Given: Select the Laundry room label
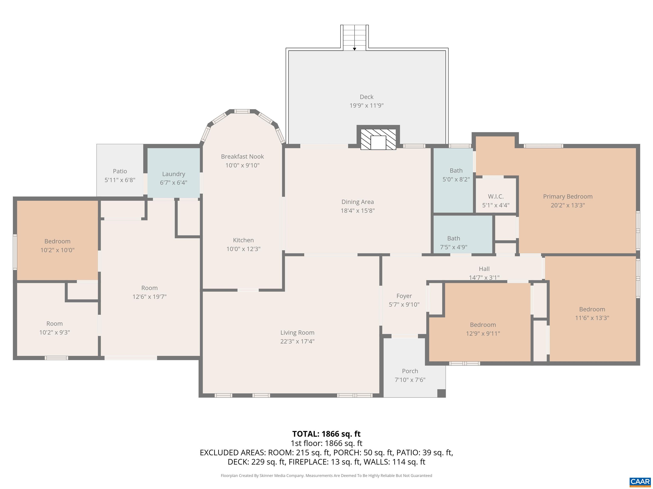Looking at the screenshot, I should pos(174,174).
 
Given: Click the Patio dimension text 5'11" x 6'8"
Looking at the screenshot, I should pos(120,180).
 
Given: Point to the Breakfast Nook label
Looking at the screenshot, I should pos(242,156).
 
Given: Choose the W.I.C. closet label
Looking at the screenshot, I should pos(496,196).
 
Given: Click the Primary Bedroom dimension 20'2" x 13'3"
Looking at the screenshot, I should pos(567,205).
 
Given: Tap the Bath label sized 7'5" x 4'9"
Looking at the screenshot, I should pos(453,238).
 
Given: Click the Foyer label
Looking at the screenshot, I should pos(404,296).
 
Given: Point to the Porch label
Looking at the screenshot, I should pos(410,371).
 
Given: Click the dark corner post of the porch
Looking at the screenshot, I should pos(441,393).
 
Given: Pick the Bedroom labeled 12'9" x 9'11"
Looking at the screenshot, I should pos(483,325).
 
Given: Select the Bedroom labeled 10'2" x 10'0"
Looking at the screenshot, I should pos(57,241).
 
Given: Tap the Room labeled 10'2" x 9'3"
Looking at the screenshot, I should pos(54,323).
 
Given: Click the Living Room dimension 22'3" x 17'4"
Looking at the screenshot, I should pos(297,341).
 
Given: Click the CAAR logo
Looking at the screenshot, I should pos(640,482).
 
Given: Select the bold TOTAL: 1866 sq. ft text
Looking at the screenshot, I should pos(326,434).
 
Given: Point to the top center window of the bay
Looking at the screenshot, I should pos(242,111).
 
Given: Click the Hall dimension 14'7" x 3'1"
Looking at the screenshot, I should pos(484,277).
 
